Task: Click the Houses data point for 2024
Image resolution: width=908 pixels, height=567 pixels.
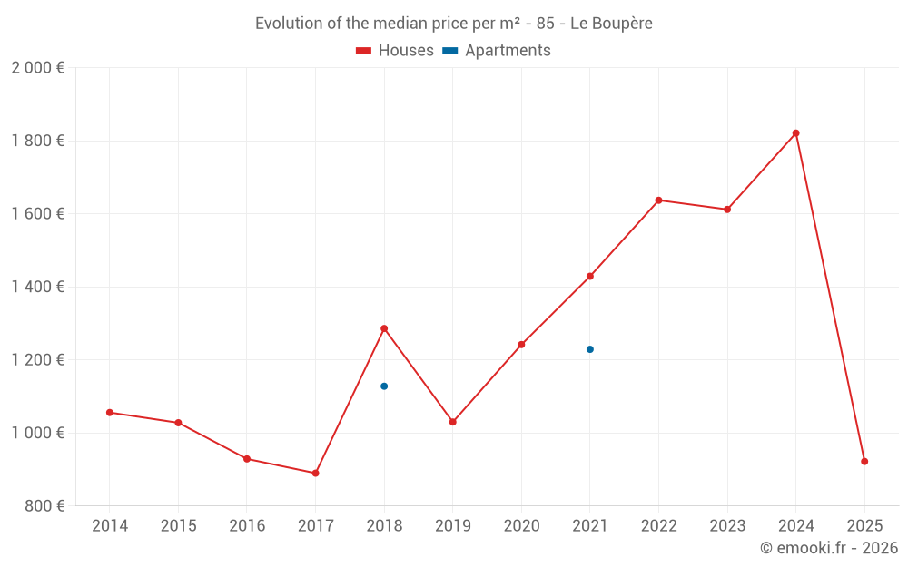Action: click(795, 133)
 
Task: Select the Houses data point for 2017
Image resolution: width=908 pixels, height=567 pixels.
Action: click(315, 473)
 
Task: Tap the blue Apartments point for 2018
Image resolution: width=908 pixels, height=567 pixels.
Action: click(384, 386)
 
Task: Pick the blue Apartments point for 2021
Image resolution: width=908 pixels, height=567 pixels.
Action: click(590, 349)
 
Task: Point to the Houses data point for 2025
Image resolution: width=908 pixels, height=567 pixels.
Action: click(864, 462)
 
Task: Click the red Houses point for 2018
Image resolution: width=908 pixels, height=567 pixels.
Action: click(384, 328)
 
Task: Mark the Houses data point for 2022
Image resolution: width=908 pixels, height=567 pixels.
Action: click(658, 200)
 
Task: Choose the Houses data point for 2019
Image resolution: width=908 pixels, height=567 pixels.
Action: click(453, 422)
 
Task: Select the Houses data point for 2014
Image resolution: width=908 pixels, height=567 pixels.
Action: click(110, 413)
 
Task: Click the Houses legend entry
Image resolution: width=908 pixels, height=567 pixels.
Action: click(395, 51)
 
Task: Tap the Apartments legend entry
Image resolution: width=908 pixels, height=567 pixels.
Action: click(497, 51)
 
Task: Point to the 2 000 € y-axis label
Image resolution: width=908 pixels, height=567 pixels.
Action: click(37, 68)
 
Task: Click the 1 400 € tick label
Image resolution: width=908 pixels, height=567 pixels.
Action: click(37, 287)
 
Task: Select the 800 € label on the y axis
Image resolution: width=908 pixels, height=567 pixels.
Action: click(44, 505)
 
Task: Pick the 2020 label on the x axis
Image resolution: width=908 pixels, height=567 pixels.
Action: click(521, 526)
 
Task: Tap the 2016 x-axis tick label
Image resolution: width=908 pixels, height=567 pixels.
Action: click(247, 526)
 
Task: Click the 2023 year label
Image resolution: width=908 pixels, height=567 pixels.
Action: click(727, 526)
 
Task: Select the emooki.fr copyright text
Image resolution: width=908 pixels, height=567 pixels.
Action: click(829, 548)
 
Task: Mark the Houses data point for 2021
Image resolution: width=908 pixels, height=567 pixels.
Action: click(590, 277)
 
